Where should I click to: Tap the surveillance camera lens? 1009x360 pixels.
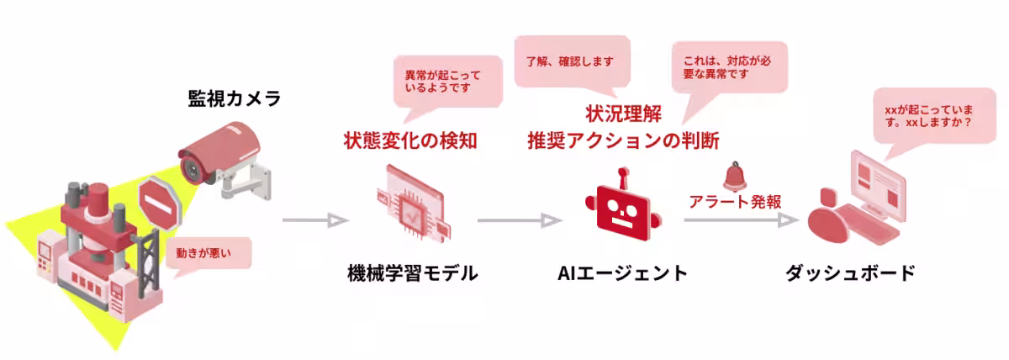click(x=193, y=167)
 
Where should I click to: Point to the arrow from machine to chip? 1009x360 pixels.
click(x=314, y=221)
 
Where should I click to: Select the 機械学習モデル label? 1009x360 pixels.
click(x=412, y=273)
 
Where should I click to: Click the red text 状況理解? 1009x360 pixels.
click(x=623, y=113)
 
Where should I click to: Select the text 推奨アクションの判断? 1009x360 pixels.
click(x=623, y=140)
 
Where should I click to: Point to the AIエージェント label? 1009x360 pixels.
click(x=623, y=273)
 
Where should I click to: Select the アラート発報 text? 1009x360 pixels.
click(x=735, y=202)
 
